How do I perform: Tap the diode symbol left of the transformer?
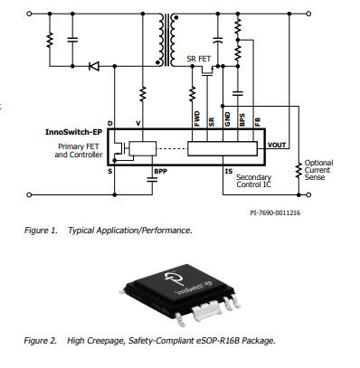[94, 65]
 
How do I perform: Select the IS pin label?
[229, 169]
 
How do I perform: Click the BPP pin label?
[161, 169]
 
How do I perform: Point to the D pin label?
[109, 124]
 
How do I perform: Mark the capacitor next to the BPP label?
[151, 178]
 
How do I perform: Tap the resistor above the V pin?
[143, 93]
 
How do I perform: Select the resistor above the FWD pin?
[193, 92]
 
